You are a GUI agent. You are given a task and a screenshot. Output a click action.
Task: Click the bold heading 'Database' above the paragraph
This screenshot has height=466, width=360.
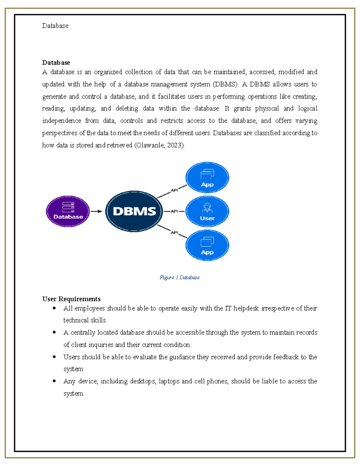pos(56,62)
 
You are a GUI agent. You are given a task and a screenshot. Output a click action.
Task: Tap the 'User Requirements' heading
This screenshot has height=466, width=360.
pos(71,299)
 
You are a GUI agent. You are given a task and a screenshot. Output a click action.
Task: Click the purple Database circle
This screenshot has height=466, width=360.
pos(68,211)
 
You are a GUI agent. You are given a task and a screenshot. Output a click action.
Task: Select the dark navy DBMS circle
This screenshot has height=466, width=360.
pos(134,211)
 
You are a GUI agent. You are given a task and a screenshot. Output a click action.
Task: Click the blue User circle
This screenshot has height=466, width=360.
pos(207,211)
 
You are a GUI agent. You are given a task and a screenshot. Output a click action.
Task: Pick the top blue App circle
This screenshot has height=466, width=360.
pos(207,178)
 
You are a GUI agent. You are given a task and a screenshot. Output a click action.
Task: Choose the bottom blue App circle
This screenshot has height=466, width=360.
pos(207,245)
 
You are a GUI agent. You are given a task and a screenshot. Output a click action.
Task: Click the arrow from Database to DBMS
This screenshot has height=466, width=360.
pos(96,211)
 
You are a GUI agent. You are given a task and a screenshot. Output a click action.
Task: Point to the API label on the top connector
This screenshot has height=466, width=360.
pos(174,190)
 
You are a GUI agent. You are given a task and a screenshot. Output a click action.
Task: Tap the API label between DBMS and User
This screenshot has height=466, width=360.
pos(174,211)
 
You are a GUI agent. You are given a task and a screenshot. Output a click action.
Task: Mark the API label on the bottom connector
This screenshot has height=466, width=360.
pos(174,233)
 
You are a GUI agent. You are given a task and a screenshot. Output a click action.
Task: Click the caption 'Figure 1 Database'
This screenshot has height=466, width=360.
pos(180,278)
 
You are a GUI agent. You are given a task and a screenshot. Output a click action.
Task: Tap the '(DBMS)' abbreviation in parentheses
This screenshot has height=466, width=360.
pos(225,84)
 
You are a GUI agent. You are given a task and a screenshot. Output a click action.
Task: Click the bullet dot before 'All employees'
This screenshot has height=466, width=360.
pos(54,308)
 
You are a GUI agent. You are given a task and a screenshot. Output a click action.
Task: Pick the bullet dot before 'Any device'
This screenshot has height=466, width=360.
pos(54,381)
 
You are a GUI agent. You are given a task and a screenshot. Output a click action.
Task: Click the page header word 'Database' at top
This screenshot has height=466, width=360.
pos(55,26)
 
